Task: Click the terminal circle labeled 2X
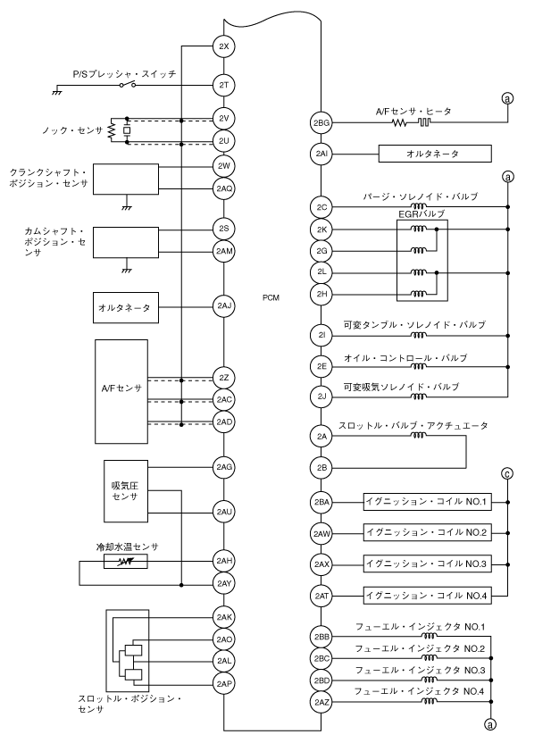pos(224,46)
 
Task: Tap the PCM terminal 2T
pos(224,86)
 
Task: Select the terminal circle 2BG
pos(321,122)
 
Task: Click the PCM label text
pos(272,296)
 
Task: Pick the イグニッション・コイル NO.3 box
pos(427,565)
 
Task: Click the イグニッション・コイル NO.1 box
pos(427,503)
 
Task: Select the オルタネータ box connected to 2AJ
pos(124,307)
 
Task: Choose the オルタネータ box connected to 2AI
pos(436,154)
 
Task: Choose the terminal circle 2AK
pos(224,617)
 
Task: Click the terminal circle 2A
pos(321,436)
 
